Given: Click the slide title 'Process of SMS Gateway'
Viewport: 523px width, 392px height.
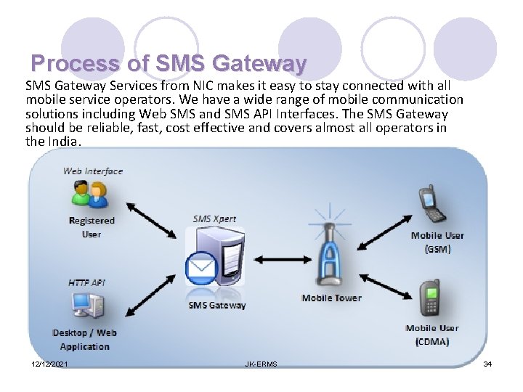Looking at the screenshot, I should [169, 63].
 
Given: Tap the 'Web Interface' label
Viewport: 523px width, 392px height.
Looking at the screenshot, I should [93, 171].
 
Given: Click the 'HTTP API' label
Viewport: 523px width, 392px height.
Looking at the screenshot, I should [86, 282].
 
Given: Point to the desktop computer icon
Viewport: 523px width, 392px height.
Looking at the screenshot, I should [85, 306].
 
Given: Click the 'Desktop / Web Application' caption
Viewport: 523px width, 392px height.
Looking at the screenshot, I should [84, 340].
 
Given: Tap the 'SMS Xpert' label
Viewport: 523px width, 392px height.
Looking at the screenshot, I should [214, 219].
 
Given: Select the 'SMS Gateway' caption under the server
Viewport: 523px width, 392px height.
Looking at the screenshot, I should [217, 306].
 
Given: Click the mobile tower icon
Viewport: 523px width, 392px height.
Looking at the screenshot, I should [331, 250].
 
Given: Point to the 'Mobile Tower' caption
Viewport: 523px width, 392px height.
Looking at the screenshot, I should [331, 298].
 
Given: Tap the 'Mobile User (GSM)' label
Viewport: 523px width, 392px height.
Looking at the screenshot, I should [437, 242].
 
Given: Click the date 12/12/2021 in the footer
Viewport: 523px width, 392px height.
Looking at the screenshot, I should [50, 364].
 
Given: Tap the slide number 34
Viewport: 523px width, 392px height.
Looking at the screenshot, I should [487, 364].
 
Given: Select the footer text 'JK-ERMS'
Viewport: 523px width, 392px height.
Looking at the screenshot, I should [261, 364].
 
